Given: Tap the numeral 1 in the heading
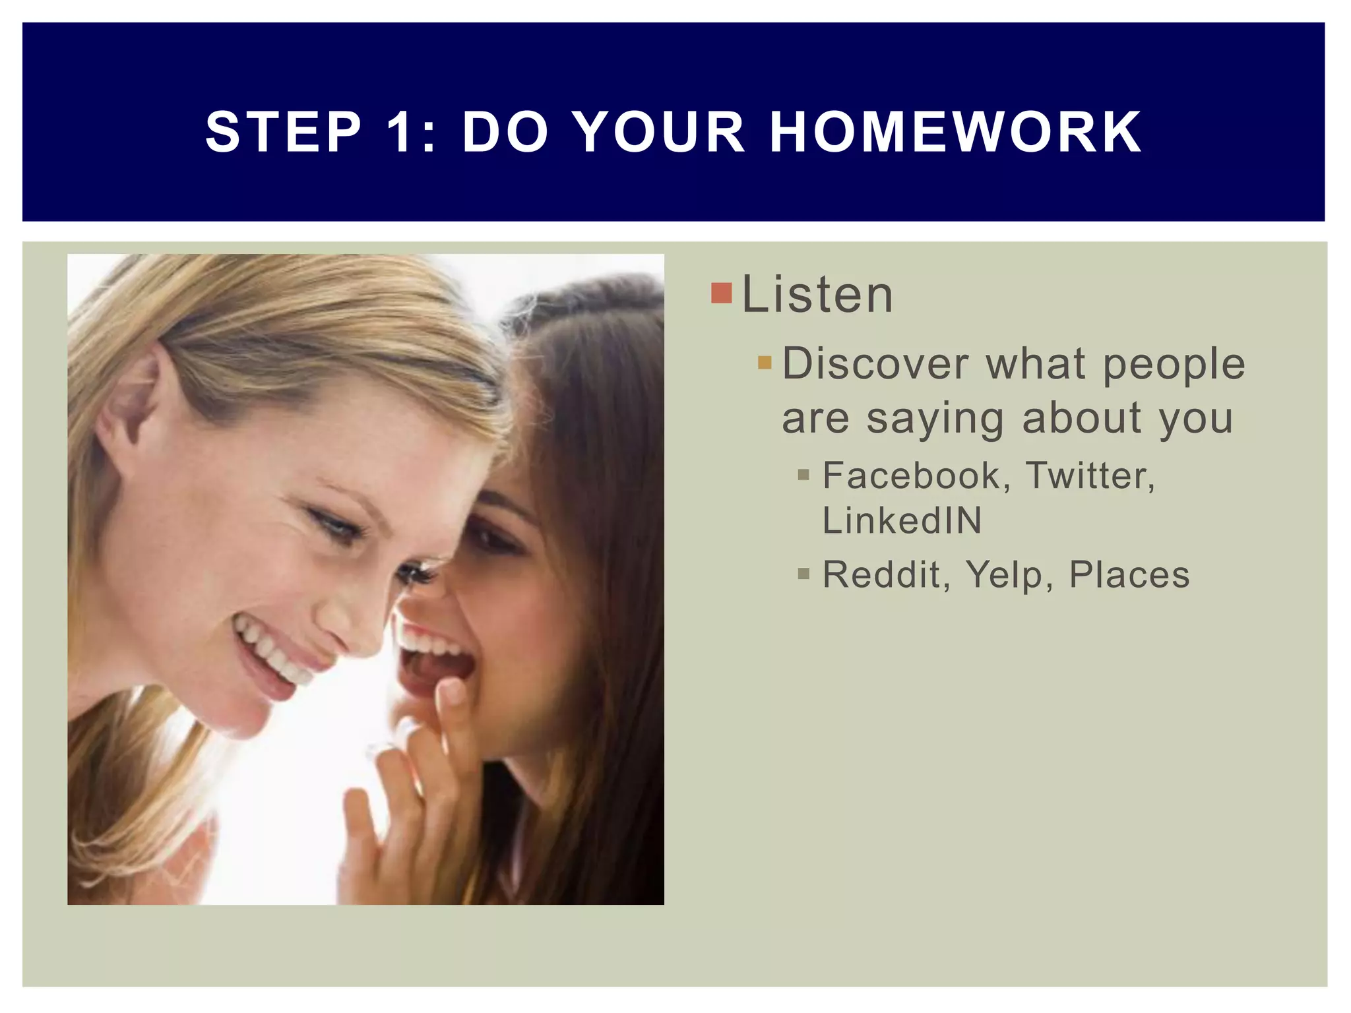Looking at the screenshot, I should point(399,132).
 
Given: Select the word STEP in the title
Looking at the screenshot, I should point(284,132).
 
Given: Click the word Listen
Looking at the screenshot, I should point(817,294).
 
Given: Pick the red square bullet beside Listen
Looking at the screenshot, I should point(722,293).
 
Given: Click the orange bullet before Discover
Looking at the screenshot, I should point(765,363).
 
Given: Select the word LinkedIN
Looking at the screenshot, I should point(902,521).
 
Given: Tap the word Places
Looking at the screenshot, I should point(1129,574).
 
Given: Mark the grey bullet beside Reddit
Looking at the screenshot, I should point(803,574).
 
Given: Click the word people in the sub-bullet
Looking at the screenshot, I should point(1174,365).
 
